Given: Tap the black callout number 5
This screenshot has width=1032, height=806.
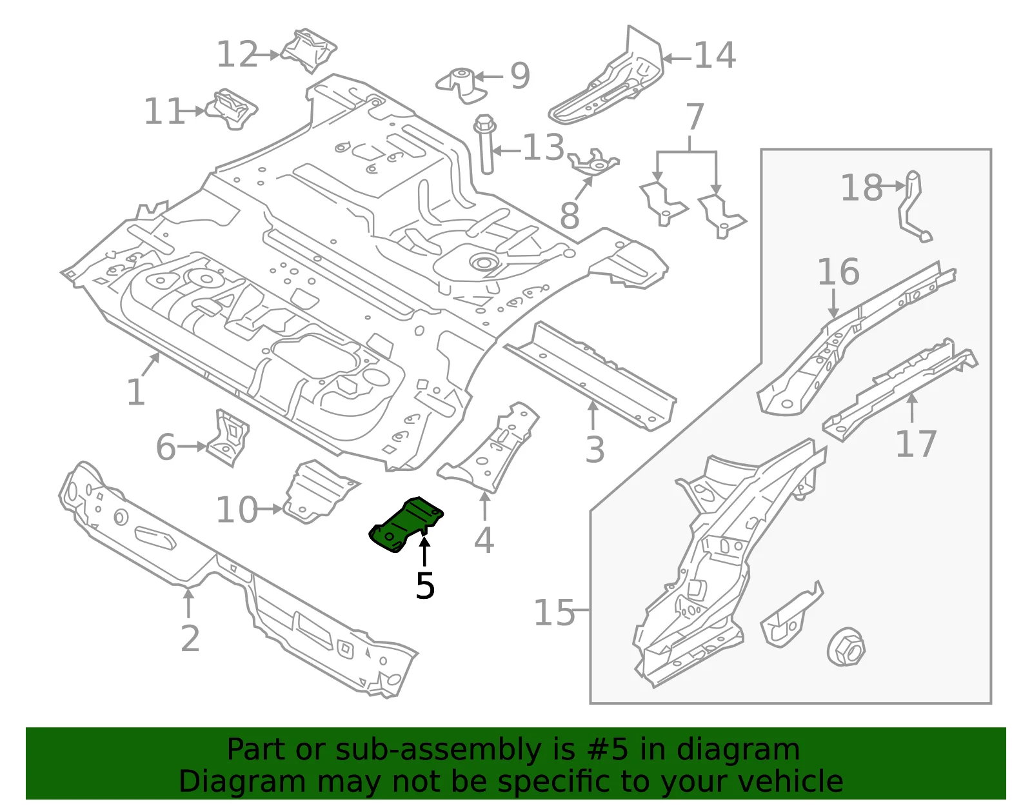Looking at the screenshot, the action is [x=425, y=585].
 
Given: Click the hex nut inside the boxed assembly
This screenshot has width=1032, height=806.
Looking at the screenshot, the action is [x=846, y=647].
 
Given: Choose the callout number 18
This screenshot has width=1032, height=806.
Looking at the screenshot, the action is [x=862, y=187].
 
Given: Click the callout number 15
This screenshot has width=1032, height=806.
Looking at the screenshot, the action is [x=554, y=612].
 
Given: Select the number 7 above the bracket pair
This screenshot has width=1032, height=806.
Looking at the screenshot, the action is [x=695, y=116].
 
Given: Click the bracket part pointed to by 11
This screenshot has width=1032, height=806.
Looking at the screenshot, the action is [x=232, y=109].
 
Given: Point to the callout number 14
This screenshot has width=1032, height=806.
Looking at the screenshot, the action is [x=715, y=55].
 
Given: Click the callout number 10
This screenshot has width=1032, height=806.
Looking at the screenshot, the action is [x=237, y=510].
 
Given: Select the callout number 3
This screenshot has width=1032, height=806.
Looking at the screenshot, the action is [x=595, y=449].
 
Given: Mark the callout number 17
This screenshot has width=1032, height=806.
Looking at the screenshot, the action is [x=916, y=443].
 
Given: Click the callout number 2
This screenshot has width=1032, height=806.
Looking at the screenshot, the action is [x=190, y=639].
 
